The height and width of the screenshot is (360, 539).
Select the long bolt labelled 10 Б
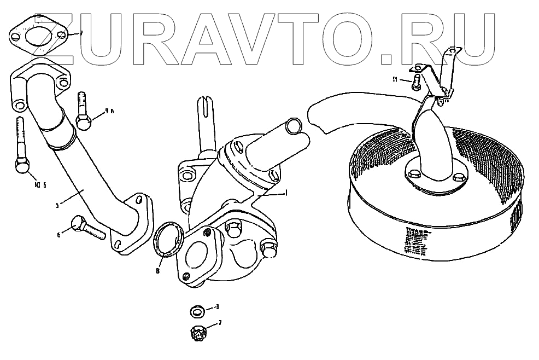(x=21, y=148)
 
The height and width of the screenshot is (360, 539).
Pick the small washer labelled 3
(x=197, y=311)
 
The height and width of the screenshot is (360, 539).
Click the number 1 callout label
(x=285, y=193)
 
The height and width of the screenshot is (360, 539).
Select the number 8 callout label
(x=157, y=270)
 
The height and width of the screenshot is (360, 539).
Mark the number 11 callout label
(x=395, y=80)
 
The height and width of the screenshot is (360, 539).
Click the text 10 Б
(x=40, y=184)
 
